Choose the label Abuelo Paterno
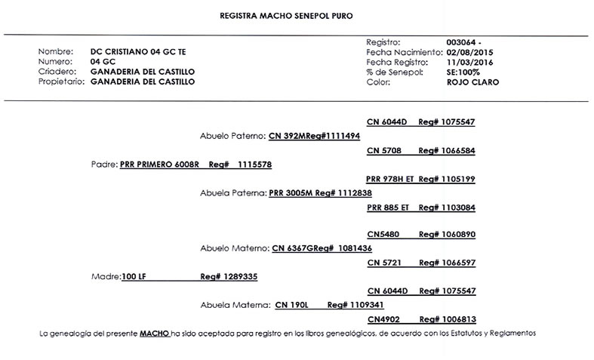pos(233,136)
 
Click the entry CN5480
pos(382,235)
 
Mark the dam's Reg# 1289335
pos(229,277)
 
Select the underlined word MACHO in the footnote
pos(154,334)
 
